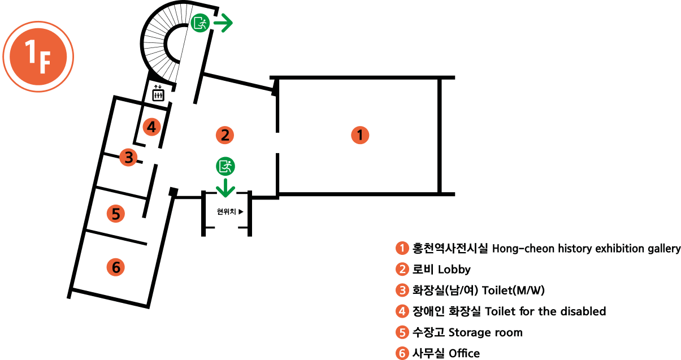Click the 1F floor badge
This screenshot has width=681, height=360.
pyautogui.click(x=38, y=57)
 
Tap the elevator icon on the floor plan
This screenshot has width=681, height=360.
pyautogui.click(x=158, y=93)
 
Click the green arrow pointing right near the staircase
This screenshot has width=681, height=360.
pyautogui.click(x=223, y=23)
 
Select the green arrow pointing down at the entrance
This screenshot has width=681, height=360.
pyautogui.click(x=225, y=188)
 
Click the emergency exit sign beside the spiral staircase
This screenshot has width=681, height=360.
pyautogui.click(x=200, y=23)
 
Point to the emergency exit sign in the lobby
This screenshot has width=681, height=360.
pyautogui.click(x=225, y=166)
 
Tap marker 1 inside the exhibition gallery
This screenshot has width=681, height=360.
pyautogui.click(x=360, y=135)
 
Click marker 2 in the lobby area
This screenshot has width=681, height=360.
pyautogui.click(x=225, y=135)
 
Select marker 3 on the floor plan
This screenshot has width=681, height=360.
pyautogui.click(x=128, y=157)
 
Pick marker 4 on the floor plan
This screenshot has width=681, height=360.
pyautogui.click(x=151, y=127)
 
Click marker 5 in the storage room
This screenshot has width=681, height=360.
pyautogui.click(x=115, y=214)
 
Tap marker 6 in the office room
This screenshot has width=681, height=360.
pyautogui.click(x=115, y=267)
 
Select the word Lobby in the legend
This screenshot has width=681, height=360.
pyautogui.click(x=454, y=270)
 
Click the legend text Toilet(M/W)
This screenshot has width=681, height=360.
pyautogui.click(x=513, y=290)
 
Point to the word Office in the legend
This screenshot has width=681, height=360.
pyautogui.click(x=464, y=353)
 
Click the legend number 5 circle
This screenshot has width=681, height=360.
pyautogui.click(x=402, y=332)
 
